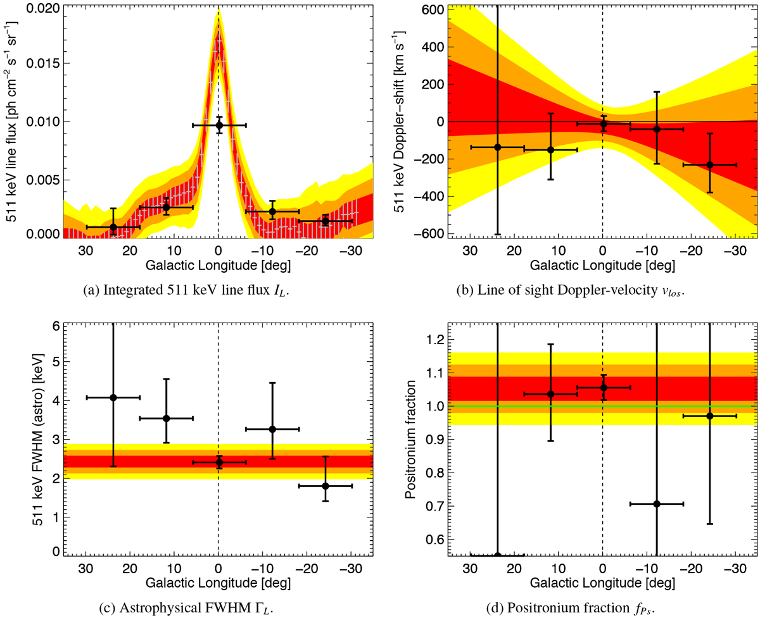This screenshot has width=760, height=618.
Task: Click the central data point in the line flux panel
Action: [x=218, y=125]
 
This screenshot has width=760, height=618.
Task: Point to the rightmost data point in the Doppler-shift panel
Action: [x=709, y=164]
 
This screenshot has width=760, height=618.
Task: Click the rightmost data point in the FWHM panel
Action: [x=325, y=486]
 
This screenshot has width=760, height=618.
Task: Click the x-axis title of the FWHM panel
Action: [x=218, y=576]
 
